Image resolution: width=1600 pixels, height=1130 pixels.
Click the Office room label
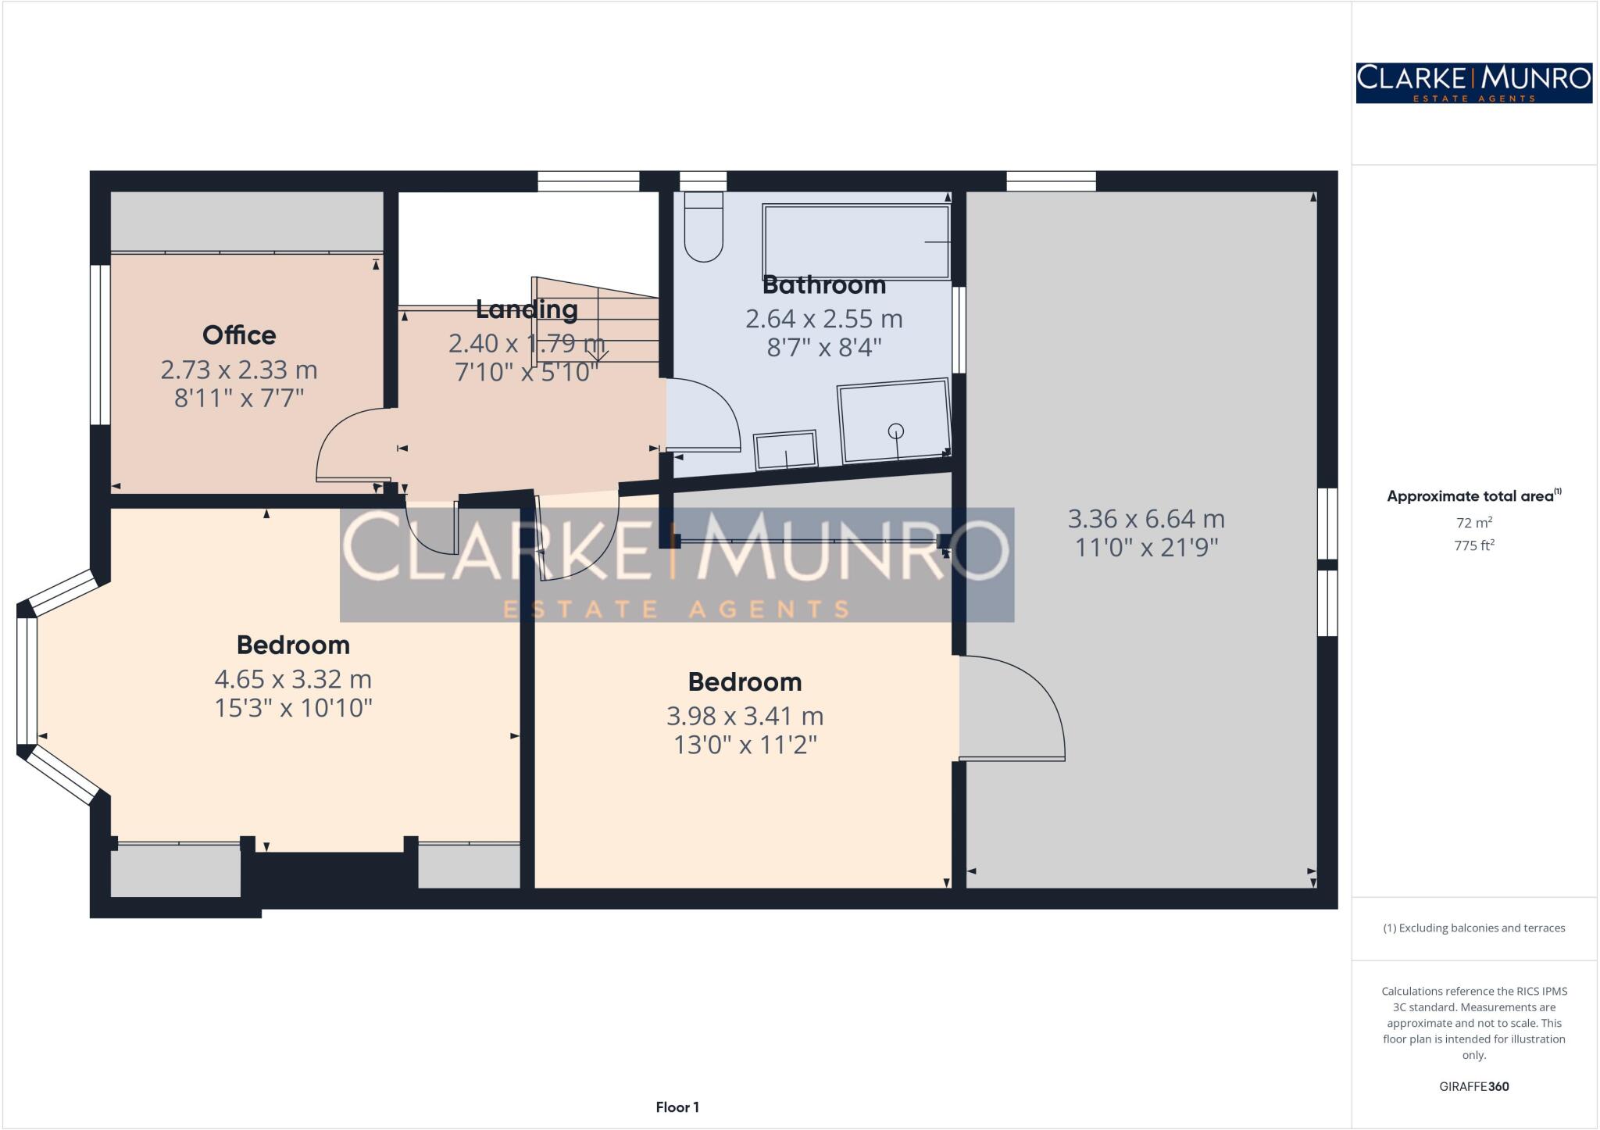tap(239, 335)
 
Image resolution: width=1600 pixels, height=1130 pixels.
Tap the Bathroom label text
tap(823, 285)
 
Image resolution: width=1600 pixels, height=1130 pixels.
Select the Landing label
tap(527, 309)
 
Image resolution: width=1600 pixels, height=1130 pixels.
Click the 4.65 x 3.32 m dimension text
tap(293, 678)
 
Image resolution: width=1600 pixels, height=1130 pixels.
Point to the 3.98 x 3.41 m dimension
tap(745, 715)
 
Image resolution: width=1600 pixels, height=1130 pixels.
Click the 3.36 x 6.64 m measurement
tap(1146, 518)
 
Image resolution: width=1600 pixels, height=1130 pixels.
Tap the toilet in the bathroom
tap(703, 227)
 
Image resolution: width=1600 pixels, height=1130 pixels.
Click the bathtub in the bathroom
tap(855, 241)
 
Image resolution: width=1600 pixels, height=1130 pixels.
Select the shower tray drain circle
tap(896, 431)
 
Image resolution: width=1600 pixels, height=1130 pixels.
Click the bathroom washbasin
tap(785, 450)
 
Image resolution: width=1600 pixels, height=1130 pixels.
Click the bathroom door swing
tap(703, 414)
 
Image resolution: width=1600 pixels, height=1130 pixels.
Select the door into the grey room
tap(1012, 707)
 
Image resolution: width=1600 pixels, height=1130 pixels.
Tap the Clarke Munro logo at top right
tap(1473, 83)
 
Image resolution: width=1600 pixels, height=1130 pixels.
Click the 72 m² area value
tap(1473, 522)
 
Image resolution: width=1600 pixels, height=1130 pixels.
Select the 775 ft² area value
tap(1473, 545)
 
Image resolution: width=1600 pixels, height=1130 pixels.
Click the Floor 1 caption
tap(677, 1107)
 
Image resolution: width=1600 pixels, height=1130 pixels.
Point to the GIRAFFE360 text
tap(1473, 1086)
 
